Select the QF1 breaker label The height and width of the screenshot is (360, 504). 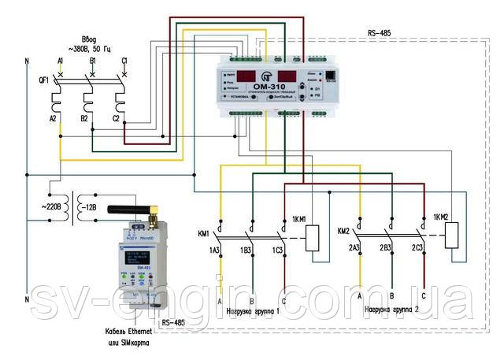click(x=43, y=80)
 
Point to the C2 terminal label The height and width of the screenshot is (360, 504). click(x=116, y=118)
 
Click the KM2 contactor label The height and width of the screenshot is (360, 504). click(x=343, y=232)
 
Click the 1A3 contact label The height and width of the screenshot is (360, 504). click(x=213, y=251)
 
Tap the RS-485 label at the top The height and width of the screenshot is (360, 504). click(x=379, y=34)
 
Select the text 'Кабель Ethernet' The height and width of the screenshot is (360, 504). click(x=120, y=332)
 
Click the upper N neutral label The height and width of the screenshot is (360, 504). click(x=27, y=60)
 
